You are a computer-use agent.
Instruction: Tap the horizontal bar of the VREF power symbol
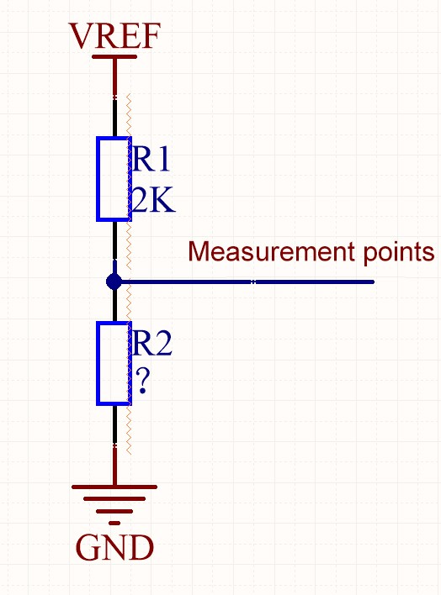[114, 57]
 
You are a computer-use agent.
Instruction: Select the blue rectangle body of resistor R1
[114, 179]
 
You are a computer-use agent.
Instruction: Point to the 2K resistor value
[152, 202]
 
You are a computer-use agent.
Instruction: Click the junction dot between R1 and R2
[114, 282]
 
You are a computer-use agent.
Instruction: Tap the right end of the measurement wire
[371, 282]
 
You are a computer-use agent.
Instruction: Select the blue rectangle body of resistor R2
[114, 363]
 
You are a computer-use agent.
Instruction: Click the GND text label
[114, 548]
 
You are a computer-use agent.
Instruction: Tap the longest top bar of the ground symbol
[114, 487]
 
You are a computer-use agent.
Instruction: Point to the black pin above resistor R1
[114, 118]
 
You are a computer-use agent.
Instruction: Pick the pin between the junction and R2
[114, 306]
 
